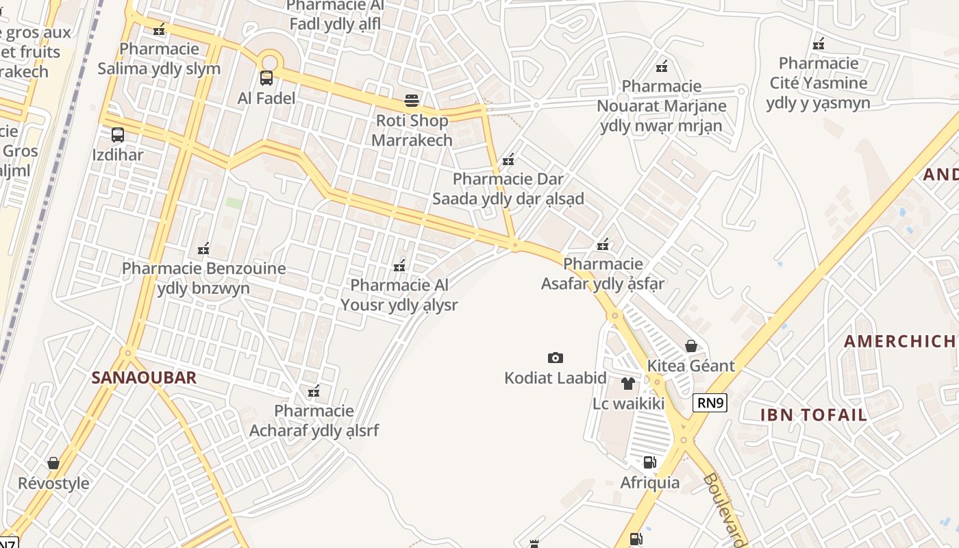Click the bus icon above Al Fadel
266,78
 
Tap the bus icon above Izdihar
118,135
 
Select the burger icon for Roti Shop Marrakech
412,101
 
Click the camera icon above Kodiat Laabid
556,358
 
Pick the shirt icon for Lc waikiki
628,384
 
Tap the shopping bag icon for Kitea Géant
691,346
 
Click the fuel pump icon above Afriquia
649,462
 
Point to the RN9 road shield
710,403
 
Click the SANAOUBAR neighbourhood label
144,377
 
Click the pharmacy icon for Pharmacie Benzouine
203,249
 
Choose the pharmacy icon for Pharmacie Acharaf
314,392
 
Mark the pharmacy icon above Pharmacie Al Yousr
400,265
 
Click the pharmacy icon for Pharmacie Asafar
603,245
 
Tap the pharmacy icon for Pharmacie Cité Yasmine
819,45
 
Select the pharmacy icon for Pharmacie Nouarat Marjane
662,66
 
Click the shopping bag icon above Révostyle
53,464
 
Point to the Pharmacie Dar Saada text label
508,189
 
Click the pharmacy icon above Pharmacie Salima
160,29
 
